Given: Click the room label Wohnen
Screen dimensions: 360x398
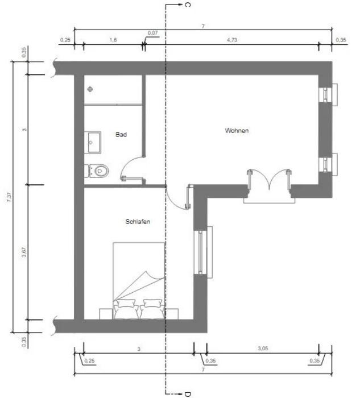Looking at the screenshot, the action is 237,130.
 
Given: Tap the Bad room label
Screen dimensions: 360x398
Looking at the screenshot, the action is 121,134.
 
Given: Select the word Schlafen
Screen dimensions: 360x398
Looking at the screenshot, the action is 138,222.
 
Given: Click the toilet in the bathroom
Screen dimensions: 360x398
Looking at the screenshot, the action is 97,171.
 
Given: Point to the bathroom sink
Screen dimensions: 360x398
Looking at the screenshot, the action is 93,142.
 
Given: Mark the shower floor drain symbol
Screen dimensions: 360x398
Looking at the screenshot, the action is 90,89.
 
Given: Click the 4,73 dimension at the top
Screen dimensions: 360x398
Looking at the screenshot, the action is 232,40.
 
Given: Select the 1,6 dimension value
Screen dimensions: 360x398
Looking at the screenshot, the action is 113,40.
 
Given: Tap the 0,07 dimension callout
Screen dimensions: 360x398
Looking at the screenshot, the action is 152,33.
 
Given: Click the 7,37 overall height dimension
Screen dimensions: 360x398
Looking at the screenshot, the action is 9,197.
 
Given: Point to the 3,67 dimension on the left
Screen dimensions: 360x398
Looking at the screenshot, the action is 24,252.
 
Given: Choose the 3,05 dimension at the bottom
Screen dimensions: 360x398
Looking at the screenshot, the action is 263,349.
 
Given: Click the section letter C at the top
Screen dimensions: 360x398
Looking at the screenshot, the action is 188,5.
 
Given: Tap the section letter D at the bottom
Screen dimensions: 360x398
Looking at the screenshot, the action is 188,394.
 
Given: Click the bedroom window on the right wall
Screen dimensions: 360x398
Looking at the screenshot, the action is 203,252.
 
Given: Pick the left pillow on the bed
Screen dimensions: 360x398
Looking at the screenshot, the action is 126,303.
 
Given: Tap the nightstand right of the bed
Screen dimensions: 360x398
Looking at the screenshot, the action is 172,314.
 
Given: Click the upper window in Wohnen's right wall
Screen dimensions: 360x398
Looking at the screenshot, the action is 328,94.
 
